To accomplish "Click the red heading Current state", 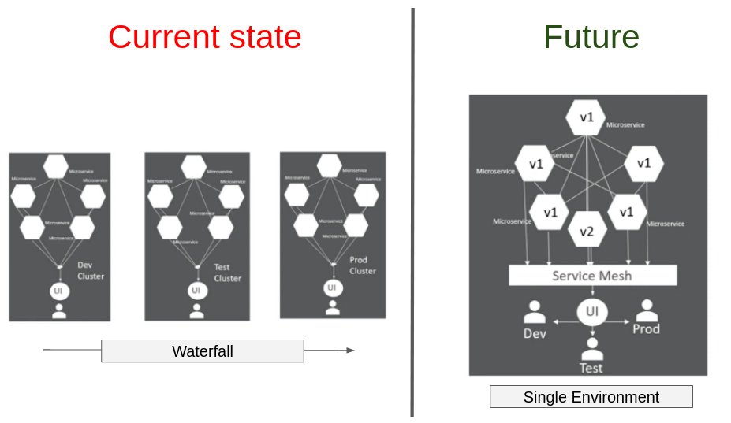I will pyautogui.click(x=204, y=37).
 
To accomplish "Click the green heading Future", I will pyautogui.click(x=591, y=37).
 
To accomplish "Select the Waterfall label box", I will pyautogui.click(x=203, y=351).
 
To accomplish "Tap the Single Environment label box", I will pyautogui.click(x=591, y=397).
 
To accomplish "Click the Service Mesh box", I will pyautogui.click(x=592, y=276).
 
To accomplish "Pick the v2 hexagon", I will pyautogui.click(x=587, y=232).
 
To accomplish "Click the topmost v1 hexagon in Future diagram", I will pyautogui.click(x=586, y=117).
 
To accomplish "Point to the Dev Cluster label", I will pyautogui.click(x=91, y=270).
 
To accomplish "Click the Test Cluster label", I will pyautogui.click(x=227, y=273).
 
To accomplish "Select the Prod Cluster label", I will pyautogui.click(x=363, y=265).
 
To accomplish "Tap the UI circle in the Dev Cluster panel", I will pyautogui.click(x=58, y=291).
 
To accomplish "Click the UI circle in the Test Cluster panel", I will pyautogui.click(x=196, y=291).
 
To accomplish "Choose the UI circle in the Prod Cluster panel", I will pyautogui.click(x=333, y=288).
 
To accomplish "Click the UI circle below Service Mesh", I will pyautogui.click(x=591, y=312).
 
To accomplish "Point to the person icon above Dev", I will pyautogui.click(x=535, y=312).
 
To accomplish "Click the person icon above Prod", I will pyautogui.click(x=647, y=310).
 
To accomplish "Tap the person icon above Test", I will pyautogui.click(x=591, y=346).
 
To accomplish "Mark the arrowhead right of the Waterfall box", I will pyautogui.click(x=350, y=351).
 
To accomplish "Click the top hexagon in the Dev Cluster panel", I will pyautogui.click(x=56, y=167).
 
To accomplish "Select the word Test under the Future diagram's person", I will pyautogui.click(x=591, y=368).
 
